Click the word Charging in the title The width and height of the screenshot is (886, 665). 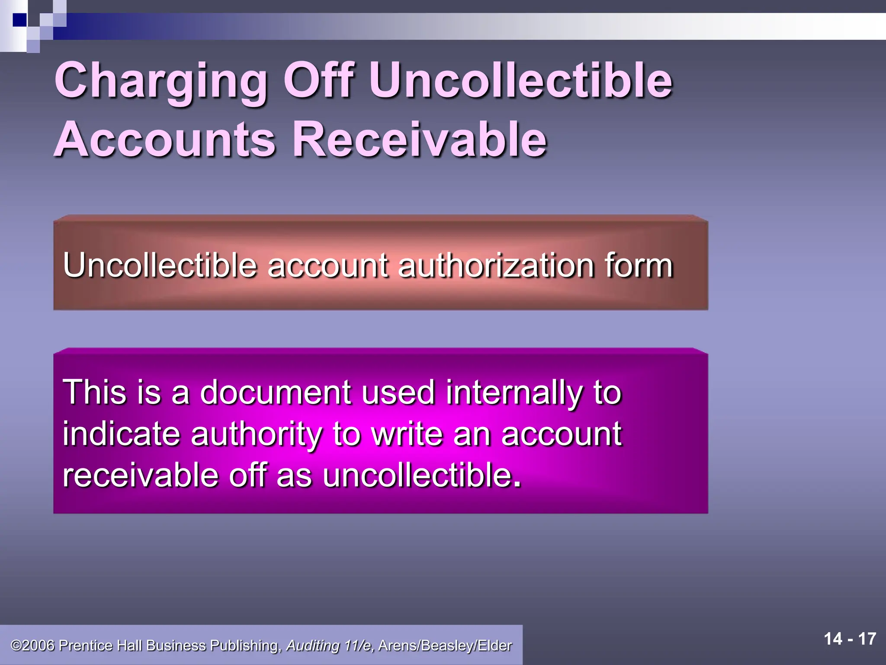click(x=161, y=81)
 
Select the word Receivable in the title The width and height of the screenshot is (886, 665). click(x=420, y=139)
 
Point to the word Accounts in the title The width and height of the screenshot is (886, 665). click(x=164, y=139)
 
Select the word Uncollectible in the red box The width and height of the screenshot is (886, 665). click(x=160, y=265)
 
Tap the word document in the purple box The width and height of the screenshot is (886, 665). click(x=275, y=392)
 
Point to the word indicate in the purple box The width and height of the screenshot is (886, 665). click(x=121, y=434)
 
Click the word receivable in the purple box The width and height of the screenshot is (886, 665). click(x=141, y=475)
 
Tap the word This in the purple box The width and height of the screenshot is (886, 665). click(x=94, y=392)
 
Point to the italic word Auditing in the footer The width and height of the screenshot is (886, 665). click(x=312, y=646)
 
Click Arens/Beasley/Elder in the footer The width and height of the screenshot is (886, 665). click(x=445, y=646)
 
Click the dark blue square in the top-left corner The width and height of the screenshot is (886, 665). click(x=20, y=20)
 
